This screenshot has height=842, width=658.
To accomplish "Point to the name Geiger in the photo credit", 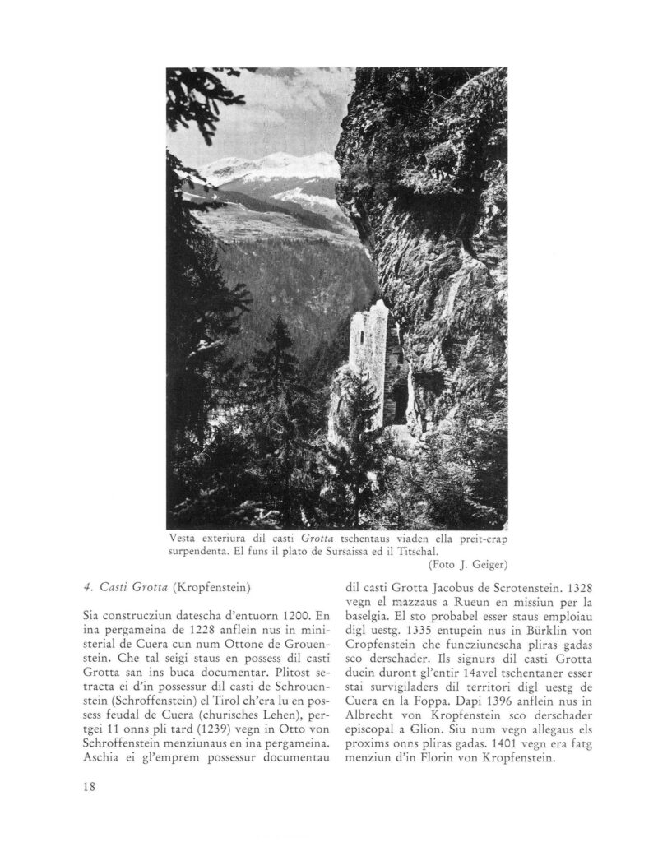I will point(488,564).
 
